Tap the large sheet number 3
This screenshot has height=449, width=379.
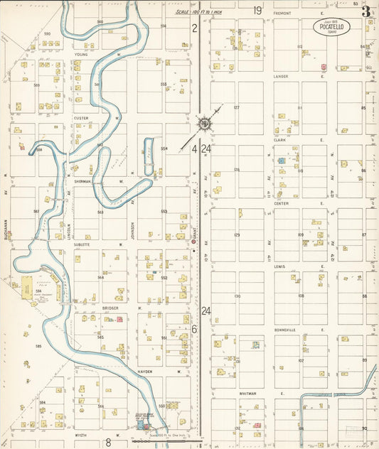[365, 11]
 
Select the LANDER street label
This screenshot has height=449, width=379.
[281, 77]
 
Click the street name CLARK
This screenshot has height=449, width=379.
[279, 140]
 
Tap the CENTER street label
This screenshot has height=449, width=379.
[281, 202]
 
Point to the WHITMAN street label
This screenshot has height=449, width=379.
[282, 391]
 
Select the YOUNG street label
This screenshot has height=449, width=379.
[80, 54]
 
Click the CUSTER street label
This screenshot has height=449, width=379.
[80, 117]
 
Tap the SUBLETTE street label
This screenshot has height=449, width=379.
[82, 244]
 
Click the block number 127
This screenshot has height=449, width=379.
[237, 107]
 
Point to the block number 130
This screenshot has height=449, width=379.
[237, 296]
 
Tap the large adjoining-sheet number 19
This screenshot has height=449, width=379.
[257, 10]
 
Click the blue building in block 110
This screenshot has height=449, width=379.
[282, 161]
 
